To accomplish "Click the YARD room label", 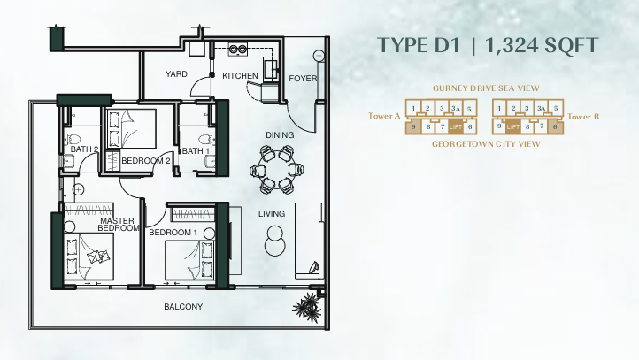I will pyautogui.click(x=176, y=75).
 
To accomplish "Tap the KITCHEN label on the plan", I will pyautogui.click(x=240, y=76).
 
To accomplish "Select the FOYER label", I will pyautogui.click(x=303, y=79).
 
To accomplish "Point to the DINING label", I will pyautogui.click(x=280, y=134).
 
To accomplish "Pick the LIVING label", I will pyautogui.click(x=272, y=214).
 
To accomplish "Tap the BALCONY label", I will pyautogui.click(x=183, y=307).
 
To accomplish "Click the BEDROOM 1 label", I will pyautogui.click(x=171, y=233).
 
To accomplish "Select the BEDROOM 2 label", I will pyautogui.click(x=145, y=160).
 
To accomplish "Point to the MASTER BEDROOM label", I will pyautogui.click(x=119, y=224).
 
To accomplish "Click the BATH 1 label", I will pyautogui.click(x=195, y=151).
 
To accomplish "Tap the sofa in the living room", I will pyautogui.click(x=309, y=239).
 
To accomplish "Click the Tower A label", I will pyautogui.click(x=385, y=116).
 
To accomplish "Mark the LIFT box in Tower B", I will pyautogui.click(x=512, y=127).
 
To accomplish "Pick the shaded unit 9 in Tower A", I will pyautogui.click(x=413, y=127).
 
